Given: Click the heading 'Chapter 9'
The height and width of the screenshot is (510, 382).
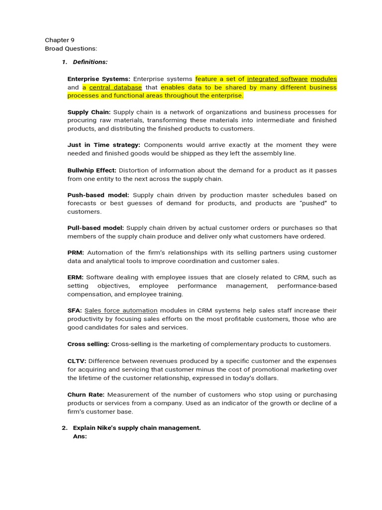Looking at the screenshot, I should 60,40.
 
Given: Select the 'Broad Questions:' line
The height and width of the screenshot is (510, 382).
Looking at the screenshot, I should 71,48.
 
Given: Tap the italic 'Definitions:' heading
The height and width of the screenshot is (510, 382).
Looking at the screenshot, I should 90,62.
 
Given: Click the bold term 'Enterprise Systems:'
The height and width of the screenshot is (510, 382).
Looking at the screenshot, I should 98,79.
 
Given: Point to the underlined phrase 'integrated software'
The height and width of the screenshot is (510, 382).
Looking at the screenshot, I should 277,79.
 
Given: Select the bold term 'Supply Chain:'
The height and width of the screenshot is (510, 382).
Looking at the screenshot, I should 89,112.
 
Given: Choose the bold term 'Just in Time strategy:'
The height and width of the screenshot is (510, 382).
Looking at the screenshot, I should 103,145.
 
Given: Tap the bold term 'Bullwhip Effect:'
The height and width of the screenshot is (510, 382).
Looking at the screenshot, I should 92,170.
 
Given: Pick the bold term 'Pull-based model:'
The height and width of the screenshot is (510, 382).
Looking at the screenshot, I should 95,228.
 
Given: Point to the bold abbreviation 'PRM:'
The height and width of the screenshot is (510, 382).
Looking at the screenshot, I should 76,253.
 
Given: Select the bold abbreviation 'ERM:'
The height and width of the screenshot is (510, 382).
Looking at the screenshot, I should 76,277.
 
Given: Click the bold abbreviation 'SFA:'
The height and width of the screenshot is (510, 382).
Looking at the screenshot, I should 75,311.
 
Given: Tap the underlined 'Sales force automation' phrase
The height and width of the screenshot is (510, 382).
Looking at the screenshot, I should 121,311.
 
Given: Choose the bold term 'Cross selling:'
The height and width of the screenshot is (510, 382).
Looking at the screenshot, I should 88,344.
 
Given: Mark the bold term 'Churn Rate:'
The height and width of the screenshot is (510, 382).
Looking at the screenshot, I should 86,394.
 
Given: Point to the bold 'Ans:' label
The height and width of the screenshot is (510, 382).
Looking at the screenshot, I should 80,436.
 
